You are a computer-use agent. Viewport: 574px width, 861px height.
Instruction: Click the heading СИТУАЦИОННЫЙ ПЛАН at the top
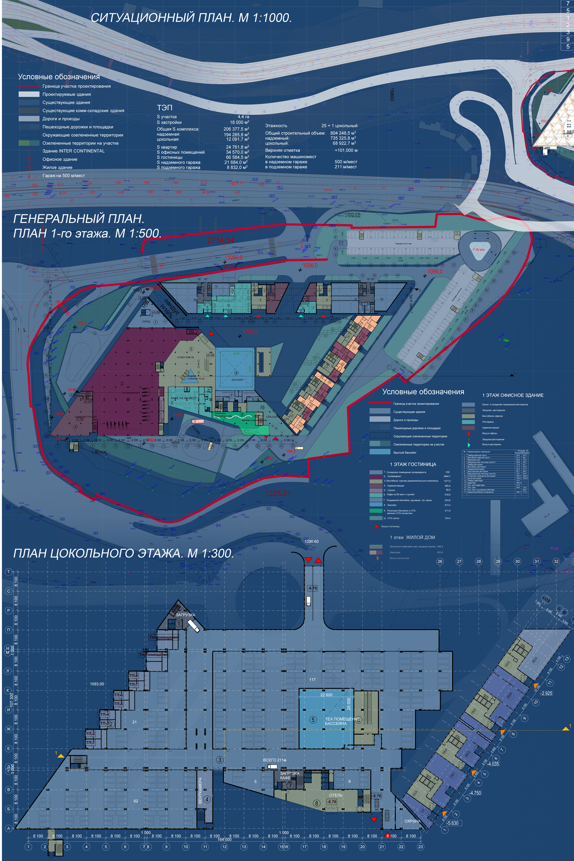click(191, 17)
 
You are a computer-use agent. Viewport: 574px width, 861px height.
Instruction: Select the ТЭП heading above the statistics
click(164, 107)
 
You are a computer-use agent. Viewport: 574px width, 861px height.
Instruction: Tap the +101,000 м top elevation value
click(346, 150)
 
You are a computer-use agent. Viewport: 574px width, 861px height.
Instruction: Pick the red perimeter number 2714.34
click(220, 240)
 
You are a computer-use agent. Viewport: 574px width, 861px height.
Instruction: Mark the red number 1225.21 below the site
click(278, 493)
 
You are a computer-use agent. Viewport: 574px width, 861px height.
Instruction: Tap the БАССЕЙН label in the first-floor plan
click(237, 380)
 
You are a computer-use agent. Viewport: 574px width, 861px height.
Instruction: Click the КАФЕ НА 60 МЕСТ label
click(183, 398)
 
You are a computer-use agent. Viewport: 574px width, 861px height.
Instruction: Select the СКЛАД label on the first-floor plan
click(146, 321)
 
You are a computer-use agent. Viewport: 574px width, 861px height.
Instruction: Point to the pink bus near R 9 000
click(197, 421)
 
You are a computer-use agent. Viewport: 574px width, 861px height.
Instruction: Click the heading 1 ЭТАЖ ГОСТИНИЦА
click(413, 464)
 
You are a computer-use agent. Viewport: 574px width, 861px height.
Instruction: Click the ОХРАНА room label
click(412, 821)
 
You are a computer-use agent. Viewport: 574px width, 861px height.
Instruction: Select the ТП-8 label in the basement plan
click(133, 676)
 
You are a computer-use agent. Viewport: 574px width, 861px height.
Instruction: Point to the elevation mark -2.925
click(546, 693)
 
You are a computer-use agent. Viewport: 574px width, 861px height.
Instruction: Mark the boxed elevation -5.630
click(453, 823)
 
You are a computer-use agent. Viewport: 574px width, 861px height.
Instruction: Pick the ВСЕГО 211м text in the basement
click(274, 760)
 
